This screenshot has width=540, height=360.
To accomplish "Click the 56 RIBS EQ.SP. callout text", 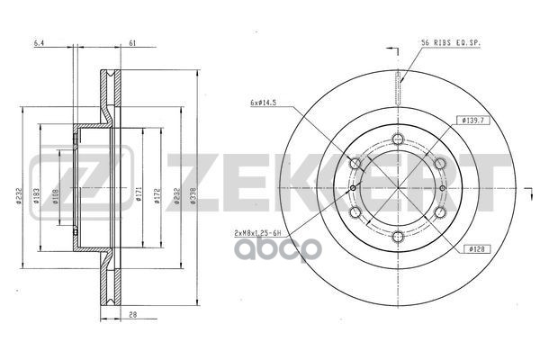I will click(449, 43).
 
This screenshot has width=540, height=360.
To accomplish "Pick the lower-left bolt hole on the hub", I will click(356, 212).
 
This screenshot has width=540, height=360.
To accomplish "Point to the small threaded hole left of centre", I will click(355, 187).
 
